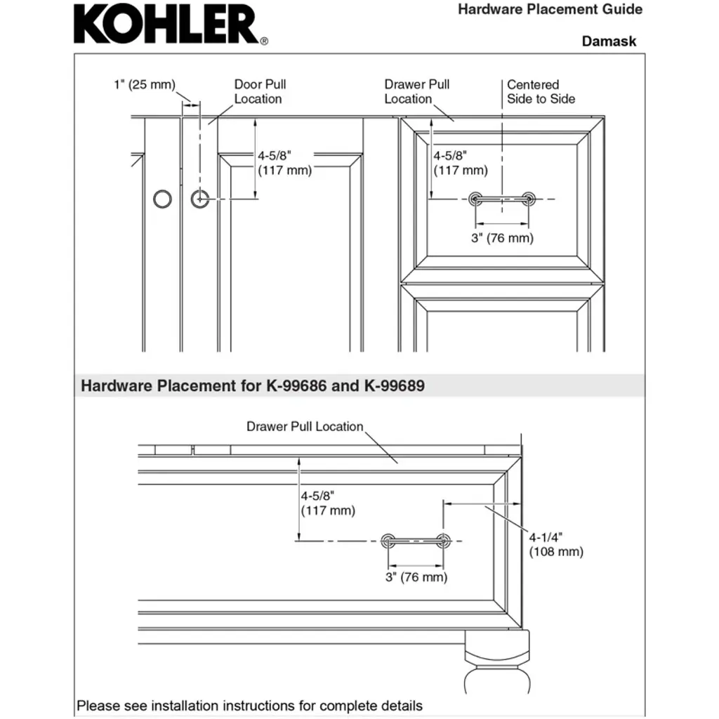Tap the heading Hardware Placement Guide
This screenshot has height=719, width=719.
coord(550,10)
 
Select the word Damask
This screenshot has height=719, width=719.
coord(609,41)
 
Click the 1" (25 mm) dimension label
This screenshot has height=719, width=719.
coord(144,85)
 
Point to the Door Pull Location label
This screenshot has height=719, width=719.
coord(259,92)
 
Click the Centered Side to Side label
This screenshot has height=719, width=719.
coord(541,92)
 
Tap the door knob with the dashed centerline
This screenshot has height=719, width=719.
coord(200,199)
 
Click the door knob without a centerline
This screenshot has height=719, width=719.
coord(162,199)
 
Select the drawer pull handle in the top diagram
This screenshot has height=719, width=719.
coord(502,199)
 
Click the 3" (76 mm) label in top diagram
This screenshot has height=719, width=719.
coord(502,238)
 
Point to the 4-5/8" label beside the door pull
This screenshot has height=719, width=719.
coord(284,163)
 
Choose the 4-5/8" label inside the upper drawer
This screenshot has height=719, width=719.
coord(460,163)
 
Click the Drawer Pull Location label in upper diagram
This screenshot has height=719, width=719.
coord(416,92)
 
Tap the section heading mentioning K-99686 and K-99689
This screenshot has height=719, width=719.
coord(253,385)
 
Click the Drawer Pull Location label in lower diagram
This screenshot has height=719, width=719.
coord(305,427)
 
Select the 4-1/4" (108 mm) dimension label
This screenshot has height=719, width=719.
coord(555,544)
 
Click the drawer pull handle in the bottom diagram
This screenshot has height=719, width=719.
coord(415,541)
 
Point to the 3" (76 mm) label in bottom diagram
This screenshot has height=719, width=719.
coord(416,578)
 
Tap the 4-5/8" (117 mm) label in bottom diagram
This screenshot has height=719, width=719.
coord(328,503)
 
